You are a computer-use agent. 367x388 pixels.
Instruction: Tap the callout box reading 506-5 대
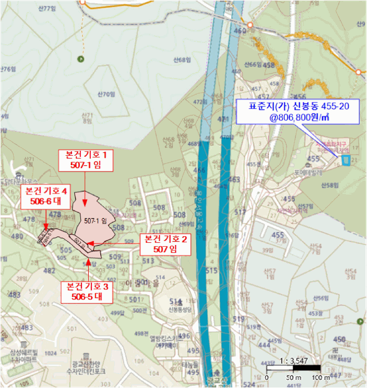pyautogui.click(x=89, y=292)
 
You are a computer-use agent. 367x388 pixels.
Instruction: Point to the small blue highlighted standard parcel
pyautogui.click(x=346, y=161)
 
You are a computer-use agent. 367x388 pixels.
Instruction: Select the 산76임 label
pyautogui.click(x=7, y=69)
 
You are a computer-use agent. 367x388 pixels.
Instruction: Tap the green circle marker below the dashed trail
pyautogui.click(x=82, y=59)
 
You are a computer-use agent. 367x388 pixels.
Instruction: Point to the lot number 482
pyautogui.click(x=49, y=270)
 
